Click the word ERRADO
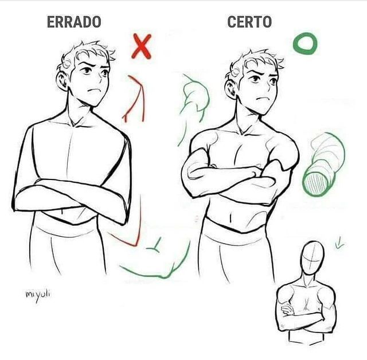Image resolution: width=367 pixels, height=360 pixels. pos(74,22)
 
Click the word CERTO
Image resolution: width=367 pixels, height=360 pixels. pos(249,22)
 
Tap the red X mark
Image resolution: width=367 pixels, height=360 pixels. pos(141,47)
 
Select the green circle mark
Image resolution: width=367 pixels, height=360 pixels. pos(304,44)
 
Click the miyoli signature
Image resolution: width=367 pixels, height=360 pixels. pos(38,295)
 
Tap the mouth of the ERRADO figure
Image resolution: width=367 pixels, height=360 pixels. pos(95,92)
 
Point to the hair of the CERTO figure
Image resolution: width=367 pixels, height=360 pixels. pos(252,58)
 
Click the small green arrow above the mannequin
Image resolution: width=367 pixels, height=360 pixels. pos(339,245)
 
